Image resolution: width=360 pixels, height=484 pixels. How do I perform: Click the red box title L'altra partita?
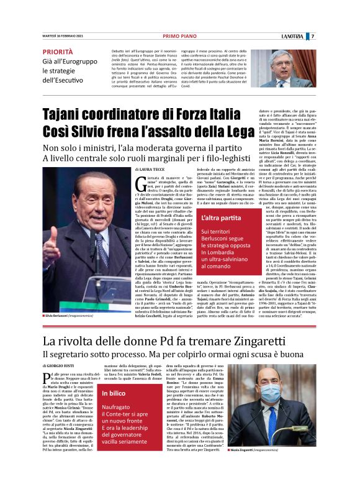222,219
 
